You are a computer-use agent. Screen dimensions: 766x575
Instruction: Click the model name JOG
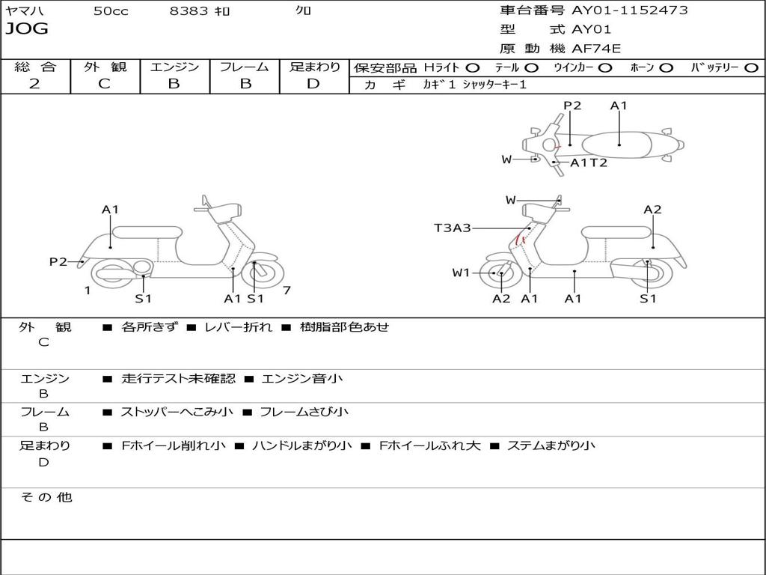(x=27, y=29)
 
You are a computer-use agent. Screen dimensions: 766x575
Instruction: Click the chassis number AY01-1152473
(x=630, y=10)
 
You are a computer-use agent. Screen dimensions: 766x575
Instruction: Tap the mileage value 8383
(x=189, y=10)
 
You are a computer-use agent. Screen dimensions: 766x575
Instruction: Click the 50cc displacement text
(x=111, y=10)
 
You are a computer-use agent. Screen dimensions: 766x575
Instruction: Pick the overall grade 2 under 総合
(x=34, y=84)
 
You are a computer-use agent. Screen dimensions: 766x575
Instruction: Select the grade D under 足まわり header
(x=313, y=84)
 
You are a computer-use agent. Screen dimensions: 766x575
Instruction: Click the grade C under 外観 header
(x=104, y=84)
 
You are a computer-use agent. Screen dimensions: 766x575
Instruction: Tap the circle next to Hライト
(x=473, y=68)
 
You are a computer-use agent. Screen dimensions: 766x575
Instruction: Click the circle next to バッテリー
(x=751, y=68)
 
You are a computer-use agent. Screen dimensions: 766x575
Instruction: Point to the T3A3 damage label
(x=453, y=228)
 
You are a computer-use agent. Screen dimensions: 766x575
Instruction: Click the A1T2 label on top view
(x=589, y=162)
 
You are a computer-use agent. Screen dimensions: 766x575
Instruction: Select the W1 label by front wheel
(x=461, y=273)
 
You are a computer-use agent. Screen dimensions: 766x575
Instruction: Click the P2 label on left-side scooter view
(x=58, y=262)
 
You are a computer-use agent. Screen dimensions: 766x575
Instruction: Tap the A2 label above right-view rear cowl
(x=652, y=210)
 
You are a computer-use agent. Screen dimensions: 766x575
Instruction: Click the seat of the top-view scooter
(x=616, y=145)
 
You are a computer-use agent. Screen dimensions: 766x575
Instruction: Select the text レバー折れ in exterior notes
(x=238, y=326)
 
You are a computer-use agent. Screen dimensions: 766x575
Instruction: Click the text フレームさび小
(x=304, y=412)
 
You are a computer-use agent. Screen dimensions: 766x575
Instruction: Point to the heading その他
(x=46, y=497)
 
